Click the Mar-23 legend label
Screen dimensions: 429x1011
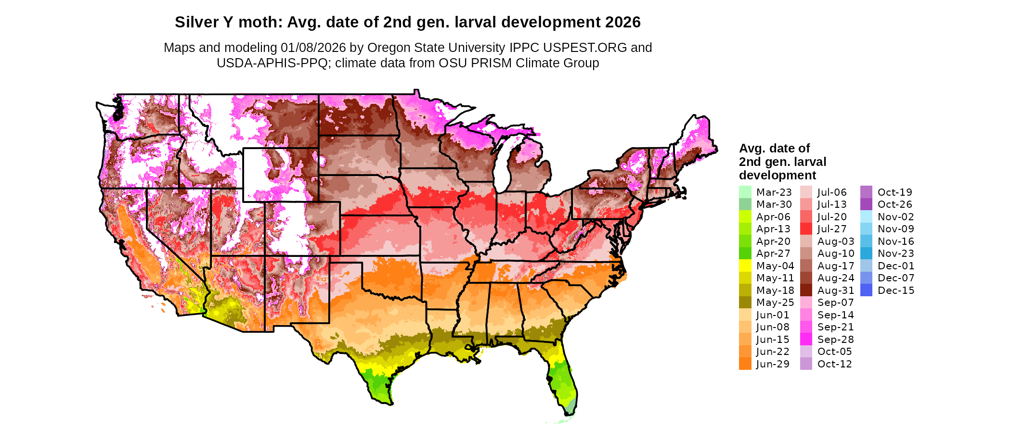774,192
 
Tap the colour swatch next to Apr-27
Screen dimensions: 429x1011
745,253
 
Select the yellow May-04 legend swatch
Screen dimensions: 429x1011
745,266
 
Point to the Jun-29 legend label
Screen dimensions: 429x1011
773,364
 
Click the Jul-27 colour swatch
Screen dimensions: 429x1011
806,229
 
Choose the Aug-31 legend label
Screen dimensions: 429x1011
836,290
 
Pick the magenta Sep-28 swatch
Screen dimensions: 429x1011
806,340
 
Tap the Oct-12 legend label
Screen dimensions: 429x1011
835,364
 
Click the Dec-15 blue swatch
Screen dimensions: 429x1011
866,290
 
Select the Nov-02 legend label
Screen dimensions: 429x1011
895,217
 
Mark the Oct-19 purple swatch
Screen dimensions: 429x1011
866,192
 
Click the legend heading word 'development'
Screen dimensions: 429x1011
778,175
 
